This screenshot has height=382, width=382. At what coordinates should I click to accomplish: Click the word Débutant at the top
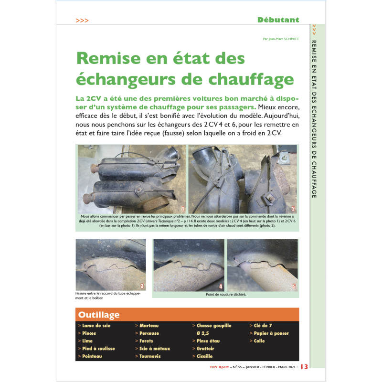[278, 20]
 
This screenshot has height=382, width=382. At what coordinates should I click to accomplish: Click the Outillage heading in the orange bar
[99, 315]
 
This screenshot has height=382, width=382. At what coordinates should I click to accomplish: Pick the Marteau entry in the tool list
[149, 326]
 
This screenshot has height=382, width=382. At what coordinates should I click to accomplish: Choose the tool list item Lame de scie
[95, 326]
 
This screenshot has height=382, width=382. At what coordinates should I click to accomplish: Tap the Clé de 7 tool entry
[262, 326]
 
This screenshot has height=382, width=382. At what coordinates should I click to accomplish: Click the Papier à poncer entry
[270, 333]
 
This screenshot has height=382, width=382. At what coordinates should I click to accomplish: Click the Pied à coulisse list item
[97, 349]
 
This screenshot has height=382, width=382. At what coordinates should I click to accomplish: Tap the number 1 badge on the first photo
[182, 209]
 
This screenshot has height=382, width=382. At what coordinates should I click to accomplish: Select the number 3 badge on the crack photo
[142, 286]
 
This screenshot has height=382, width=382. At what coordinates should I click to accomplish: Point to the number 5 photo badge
[294, 286]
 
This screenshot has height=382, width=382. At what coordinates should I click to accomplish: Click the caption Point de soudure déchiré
[226, 295]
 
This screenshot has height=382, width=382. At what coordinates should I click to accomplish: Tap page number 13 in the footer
[305, 366]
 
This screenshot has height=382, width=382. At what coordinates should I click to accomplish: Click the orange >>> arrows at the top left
[82, 21]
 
